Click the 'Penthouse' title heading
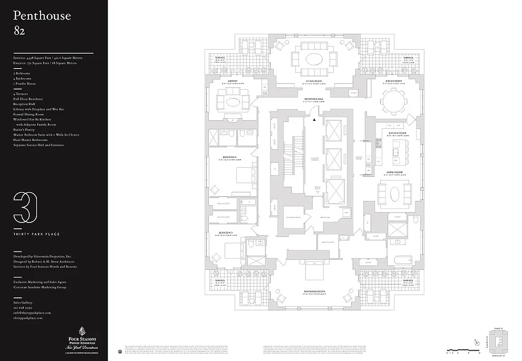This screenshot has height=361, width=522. [x=42, y=16]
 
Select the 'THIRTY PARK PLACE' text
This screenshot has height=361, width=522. [x=37, y=234]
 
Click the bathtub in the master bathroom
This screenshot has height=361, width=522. [x=400, y=260]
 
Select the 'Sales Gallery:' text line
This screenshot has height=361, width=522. [x=23, y=302]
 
